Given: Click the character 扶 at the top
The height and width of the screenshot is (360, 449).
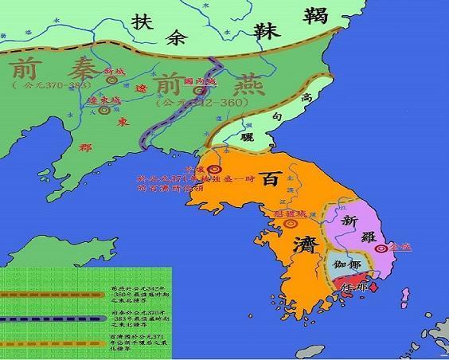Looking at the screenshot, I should click(143, 21).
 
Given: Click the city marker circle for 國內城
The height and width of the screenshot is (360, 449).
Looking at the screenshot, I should click(198, 92).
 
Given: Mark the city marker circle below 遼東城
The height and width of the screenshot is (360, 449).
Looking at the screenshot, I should click(103, 111).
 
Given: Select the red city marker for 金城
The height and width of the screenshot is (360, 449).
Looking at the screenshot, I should click(381, 248).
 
